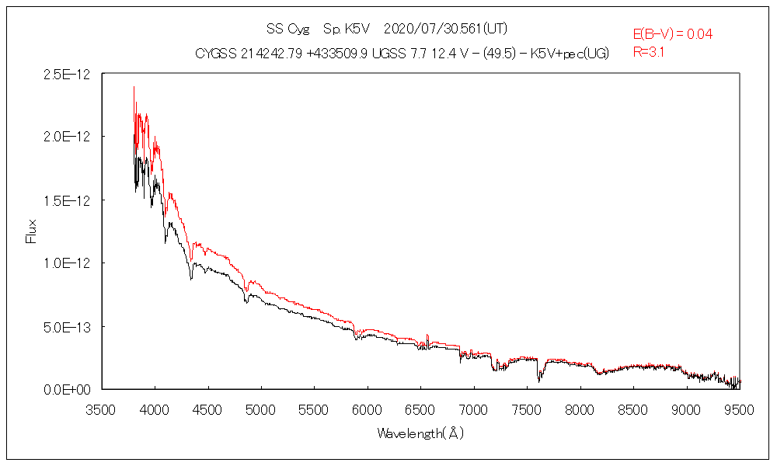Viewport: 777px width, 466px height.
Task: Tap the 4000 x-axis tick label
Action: pyautogui.click(x=155, y=408)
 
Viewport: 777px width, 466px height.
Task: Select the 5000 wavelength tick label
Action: pyautogui.click(x=261, y=408)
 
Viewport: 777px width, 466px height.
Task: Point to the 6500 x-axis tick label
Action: pyautogui.click(x=420, y=408)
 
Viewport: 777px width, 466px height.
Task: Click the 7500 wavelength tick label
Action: pyautogui.click(x=527, y=408)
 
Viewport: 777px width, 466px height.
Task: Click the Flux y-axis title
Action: pyautogui.click(x=32, y=231)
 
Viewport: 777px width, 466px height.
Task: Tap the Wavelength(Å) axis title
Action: pyautogui.click(x=420, y=433)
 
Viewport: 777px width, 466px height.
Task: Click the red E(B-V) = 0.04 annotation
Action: pyautogui.click(x=673, y=34)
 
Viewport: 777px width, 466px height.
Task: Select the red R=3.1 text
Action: pyautogui.click(x=649, y=53)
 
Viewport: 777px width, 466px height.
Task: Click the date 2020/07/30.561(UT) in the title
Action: pyautogui.click(x=446, y=30)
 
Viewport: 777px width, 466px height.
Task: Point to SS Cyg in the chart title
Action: pyautogui.click(x=287, y=30)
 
